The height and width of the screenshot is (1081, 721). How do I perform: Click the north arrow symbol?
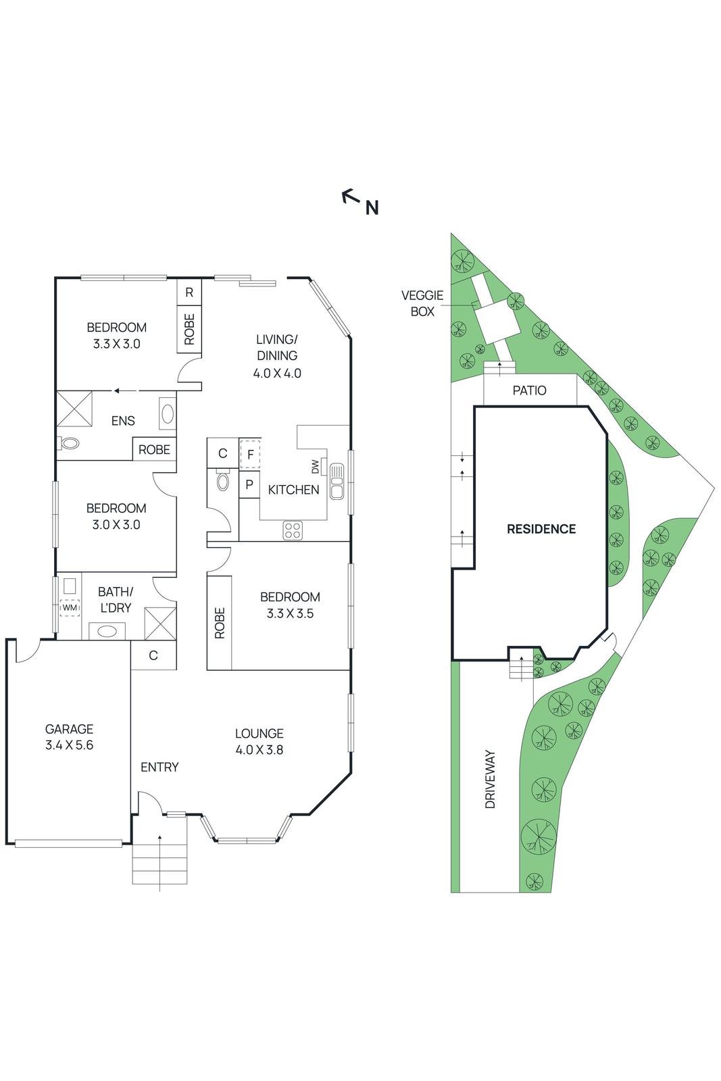pyautogui.click(x=350, y=197)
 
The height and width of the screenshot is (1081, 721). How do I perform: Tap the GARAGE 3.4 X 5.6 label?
pyautogui.click(x=69, y=736)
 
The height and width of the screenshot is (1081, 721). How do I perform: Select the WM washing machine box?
pyautogui.click(x=70, y=607)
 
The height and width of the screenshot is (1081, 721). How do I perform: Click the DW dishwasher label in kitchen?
pyautogui.click(x=315, y=466)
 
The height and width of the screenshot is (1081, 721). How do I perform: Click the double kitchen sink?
pyautogui.click(x=337, y=480)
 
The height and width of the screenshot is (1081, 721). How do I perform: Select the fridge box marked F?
pyautogui.click(x=250, y=455)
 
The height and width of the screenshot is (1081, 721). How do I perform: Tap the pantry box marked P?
pyautogui.click(x=249, y=484)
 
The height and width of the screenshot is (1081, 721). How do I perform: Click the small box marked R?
pyautogui.click(x=189, y=293)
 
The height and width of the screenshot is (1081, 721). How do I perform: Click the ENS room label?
pyautogui.click(x=123, y=421)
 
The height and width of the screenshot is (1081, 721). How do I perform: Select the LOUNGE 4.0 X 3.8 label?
pyautogui.click(x=259, y=741)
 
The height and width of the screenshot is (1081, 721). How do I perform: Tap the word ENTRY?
pyautogui.click(x=159, y=767)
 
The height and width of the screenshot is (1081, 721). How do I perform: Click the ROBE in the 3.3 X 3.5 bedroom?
pyautogui.click(x=220, y=622)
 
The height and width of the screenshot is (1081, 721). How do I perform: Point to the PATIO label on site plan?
pyautogui.click(x=529, y=391)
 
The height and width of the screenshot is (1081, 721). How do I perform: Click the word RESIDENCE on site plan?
pyautogui.click(x=541, y=529)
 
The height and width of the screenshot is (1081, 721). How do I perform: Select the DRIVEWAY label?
pyautogui.click(x=491, y=778)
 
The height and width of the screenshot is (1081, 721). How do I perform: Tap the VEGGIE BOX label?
pyautogui.click(x=422, y=303)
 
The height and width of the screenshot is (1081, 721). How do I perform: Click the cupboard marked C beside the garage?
pyautogui.click(x=153, y=655)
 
